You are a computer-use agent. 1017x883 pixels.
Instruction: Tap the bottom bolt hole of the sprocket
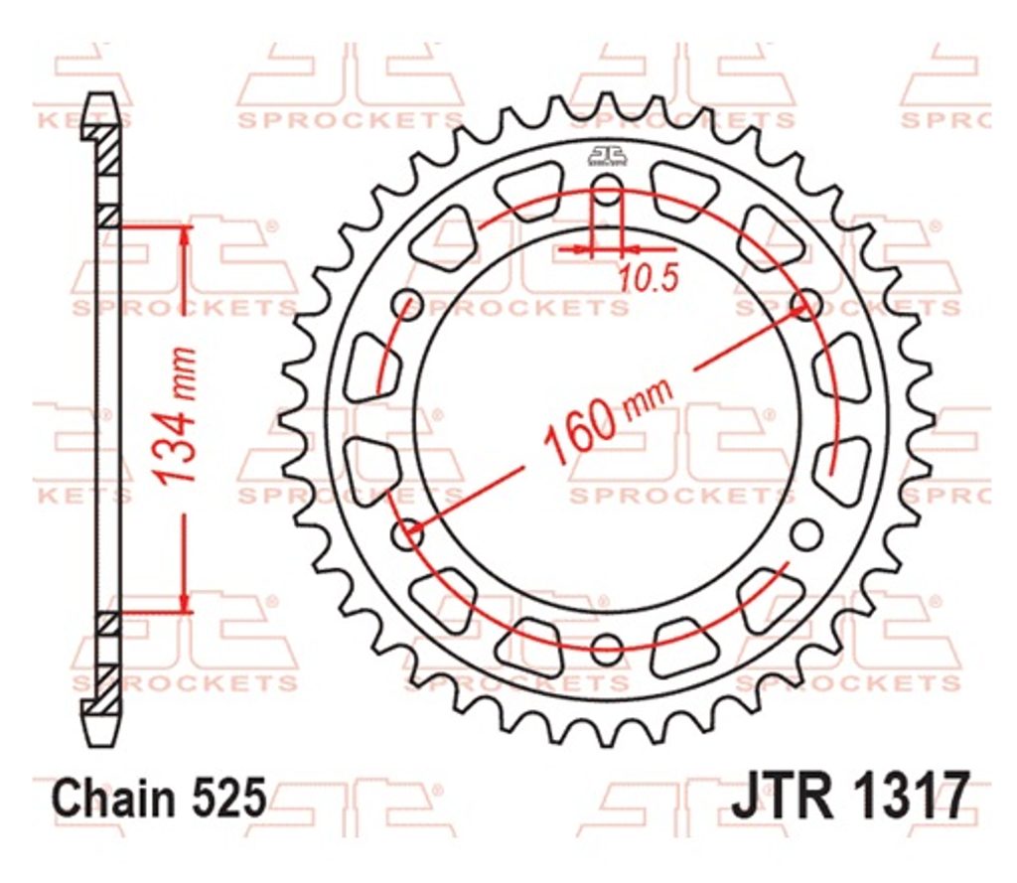point(607,648)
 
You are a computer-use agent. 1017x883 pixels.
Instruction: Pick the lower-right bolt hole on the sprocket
point(805,534)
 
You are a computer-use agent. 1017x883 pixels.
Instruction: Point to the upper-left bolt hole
point(408,304)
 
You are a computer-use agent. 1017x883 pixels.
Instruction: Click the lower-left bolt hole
point(408,534)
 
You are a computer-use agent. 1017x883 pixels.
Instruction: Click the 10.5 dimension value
point(648,279)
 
